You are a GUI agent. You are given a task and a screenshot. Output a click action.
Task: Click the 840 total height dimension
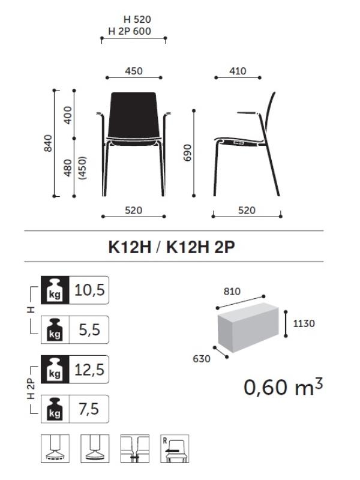point(49,143)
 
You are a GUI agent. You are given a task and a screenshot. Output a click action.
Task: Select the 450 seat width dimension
point(134,71)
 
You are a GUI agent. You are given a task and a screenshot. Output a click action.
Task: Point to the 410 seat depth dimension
point(238,71)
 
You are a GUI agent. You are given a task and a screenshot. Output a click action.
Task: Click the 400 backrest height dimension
point(68,115)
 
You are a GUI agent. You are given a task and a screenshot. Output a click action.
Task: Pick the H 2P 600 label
point(130,31)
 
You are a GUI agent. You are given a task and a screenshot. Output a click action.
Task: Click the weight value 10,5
point(89,290)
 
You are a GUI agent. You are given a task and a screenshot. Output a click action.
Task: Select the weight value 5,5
point(89,329)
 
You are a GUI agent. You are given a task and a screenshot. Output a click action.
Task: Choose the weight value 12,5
point(89,370)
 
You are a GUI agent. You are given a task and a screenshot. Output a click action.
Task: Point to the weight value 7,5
point(89,409)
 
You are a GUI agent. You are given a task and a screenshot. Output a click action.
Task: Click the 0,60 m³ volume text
point(283,387)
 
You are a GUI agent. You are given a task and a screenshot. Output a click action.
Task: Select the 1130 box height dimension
point(304,323)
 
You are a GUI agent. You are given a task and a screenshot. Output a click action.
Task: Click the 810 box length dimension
point(232,292)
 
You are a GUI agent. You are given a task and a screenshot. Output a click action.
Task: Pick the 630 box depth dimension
point(202,359)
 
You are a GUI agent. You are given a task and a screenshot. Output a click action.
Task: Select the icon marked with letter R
point(174,448)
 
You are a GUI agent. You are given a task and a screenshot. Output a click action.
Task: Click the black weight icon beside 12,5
point(55,370)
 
